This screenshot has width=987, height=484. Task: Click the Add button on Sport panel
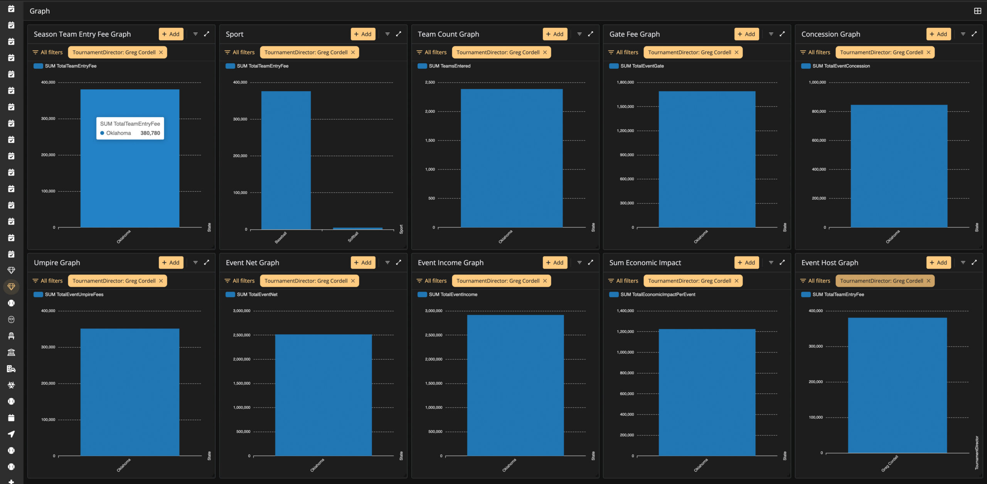pos(363,34)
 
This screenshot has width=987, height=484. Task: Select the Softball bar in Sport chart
pos(358,228)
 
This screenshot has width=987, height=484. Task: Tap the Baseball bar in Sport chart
pos(286,160)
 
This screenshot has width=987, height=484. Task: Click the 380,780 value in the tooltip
pos(150,133)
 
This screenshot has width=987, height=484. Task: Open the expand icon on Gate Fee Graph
pos(782,34)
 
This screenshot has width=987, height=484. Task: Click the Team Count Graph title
pos(448,34)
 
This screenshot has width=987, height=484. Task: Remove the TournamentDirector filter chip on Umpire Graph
pos(161,281)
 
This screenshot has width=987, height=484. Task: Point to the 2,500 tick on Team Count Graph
pos(430,82)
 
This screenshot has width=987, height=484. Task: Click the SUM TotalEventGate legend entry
pos(637,66)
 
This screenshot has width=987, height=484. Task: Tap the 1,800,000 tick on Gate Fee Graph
pos(625,82)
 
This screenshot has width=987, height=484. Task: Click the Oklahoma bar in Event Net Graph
pos(323,395)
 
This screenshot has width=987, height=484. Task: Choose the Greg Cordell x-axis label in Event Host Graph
pos(889,463)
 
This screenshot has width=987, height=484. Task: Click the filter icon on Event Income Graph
pos(579,262)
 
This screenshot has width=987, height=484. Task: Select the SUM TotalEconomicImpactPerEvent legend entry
pos(652,294)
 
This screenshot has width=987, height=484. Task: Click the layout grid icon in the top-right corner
pos(977,11)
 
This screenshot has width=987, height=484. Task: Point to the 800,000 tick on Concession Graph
pos(819,112)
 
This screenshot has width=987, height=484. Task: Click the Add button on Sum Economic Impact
pos(746,262)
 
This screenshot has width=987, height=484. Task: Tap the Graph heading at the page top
pos(40,11)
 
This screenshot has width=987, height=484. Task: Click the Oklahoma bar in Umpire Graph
pos(130,392)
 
